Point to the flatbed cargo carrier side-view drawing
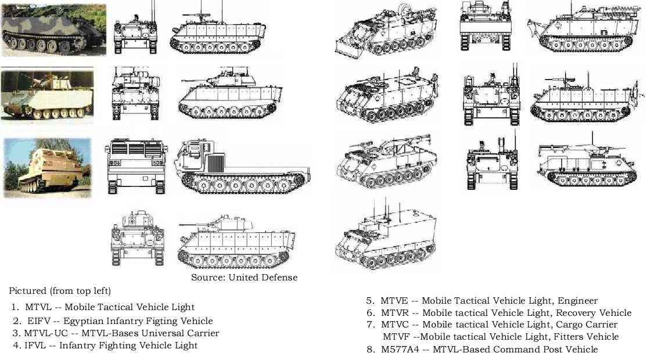244,168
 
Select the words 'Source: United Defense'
244,278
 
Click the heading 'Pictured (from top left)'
60,290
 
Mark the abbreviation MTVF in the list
398,337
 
